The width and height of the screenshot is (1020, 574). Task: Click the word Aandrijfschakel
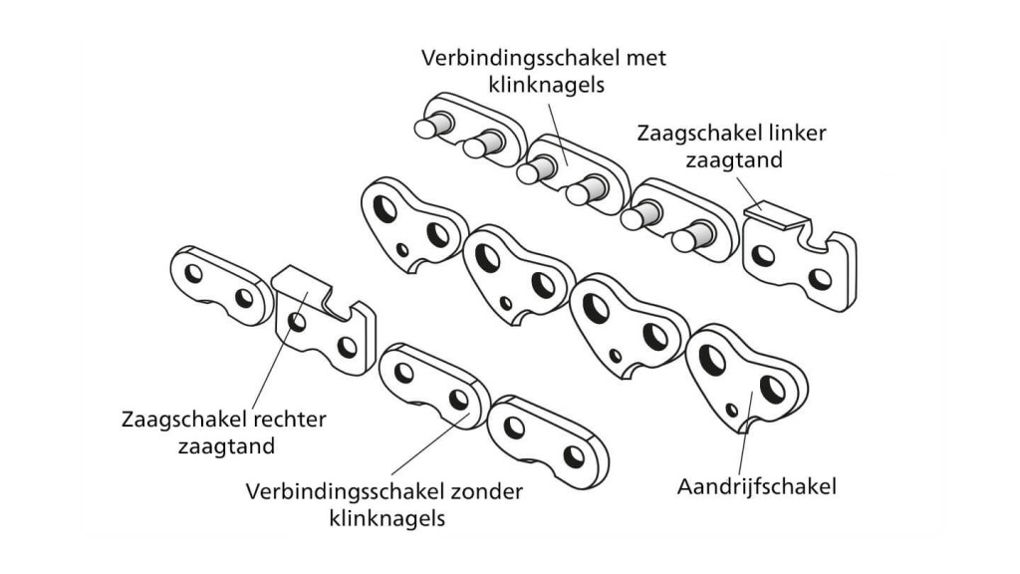click(x=756, y=487)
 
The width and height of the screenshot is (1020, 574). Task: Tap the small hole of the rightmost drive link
click(x=732, y=408)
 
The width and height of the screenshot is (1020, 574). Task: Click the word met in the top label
click(x=647, y=58)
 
